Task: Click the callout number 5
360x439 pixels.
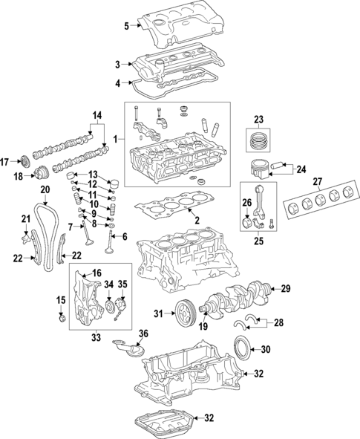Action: (126, 27)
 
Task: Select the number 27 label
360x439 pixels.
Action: (318, 182)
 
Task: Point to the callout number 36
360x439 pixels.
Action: (143, 334)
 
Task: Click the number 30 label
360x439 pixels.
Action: (265, 350)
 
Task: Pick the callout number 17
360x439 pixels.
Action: (4, 162)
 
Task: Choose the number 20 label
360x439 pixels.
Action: (45, 190)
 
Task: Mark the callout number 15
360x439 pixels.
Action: (61, 299)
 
